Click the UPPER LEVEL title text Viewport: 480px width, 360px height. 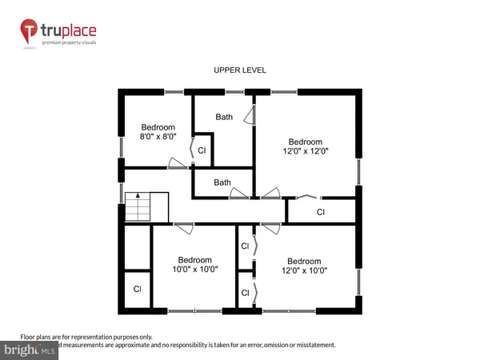coord(239,70)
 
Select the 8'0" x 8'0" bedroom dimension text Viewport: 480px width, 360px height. coord(158,137)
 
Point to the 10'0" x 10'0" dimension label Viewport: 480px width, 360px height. coord(194,270)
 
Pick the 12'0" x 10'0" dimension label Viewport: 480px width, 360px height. coord(304,270)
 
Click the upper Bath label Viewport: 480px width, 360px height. coord(223,117)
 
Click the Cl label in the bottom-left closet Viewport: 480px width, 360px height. coord(137,289)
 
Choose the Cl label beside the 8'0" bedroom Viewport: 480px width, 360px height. coord(202,150)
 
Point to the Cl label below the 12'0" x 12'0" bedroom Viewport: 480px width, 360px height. coord(321,212)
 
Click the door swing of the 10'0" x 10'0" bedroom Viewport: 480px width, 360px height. coord(183,229)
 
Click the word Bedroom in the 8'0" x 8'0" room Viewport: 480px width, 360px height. coord(158,127)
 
